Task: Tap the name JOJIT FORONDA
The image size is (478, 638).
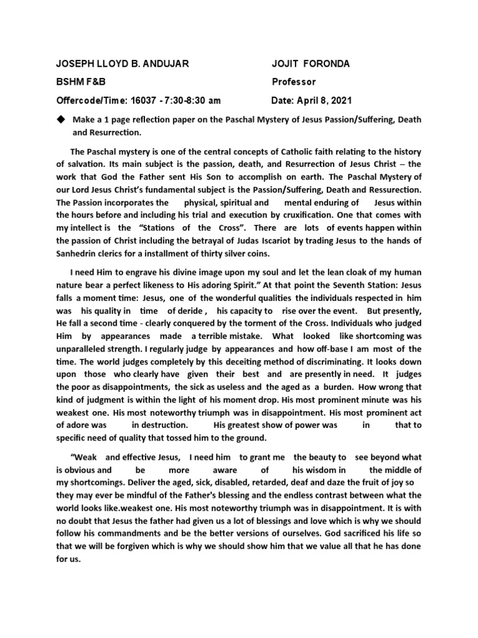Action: click(x=311, y=64)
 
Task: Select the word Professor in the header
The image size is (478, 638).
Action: click(x=294, y=82)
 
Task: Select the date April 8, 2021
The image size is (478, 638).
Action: click(x=324, y=100)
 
